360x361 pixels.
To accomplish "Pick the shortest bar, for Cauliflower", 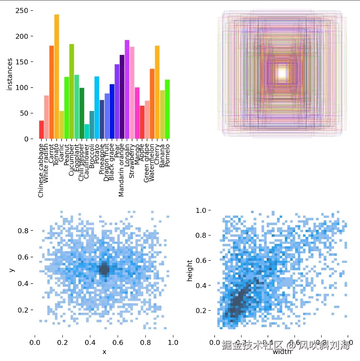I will coord(87,132).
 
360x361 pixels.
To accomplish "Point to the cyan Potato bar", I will coord(97,108).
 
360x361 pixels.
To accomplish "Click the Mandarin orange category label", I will coord(122,169).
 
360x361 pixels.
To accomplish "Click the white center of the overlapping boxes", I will coord(282,73).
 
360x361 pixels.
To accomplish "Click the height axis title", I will coord(190,271).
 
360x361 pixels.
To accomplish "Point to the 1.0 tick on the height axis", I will coord(202,210).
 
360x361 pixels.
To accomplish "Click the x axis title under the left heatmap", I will coord(104,352).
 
